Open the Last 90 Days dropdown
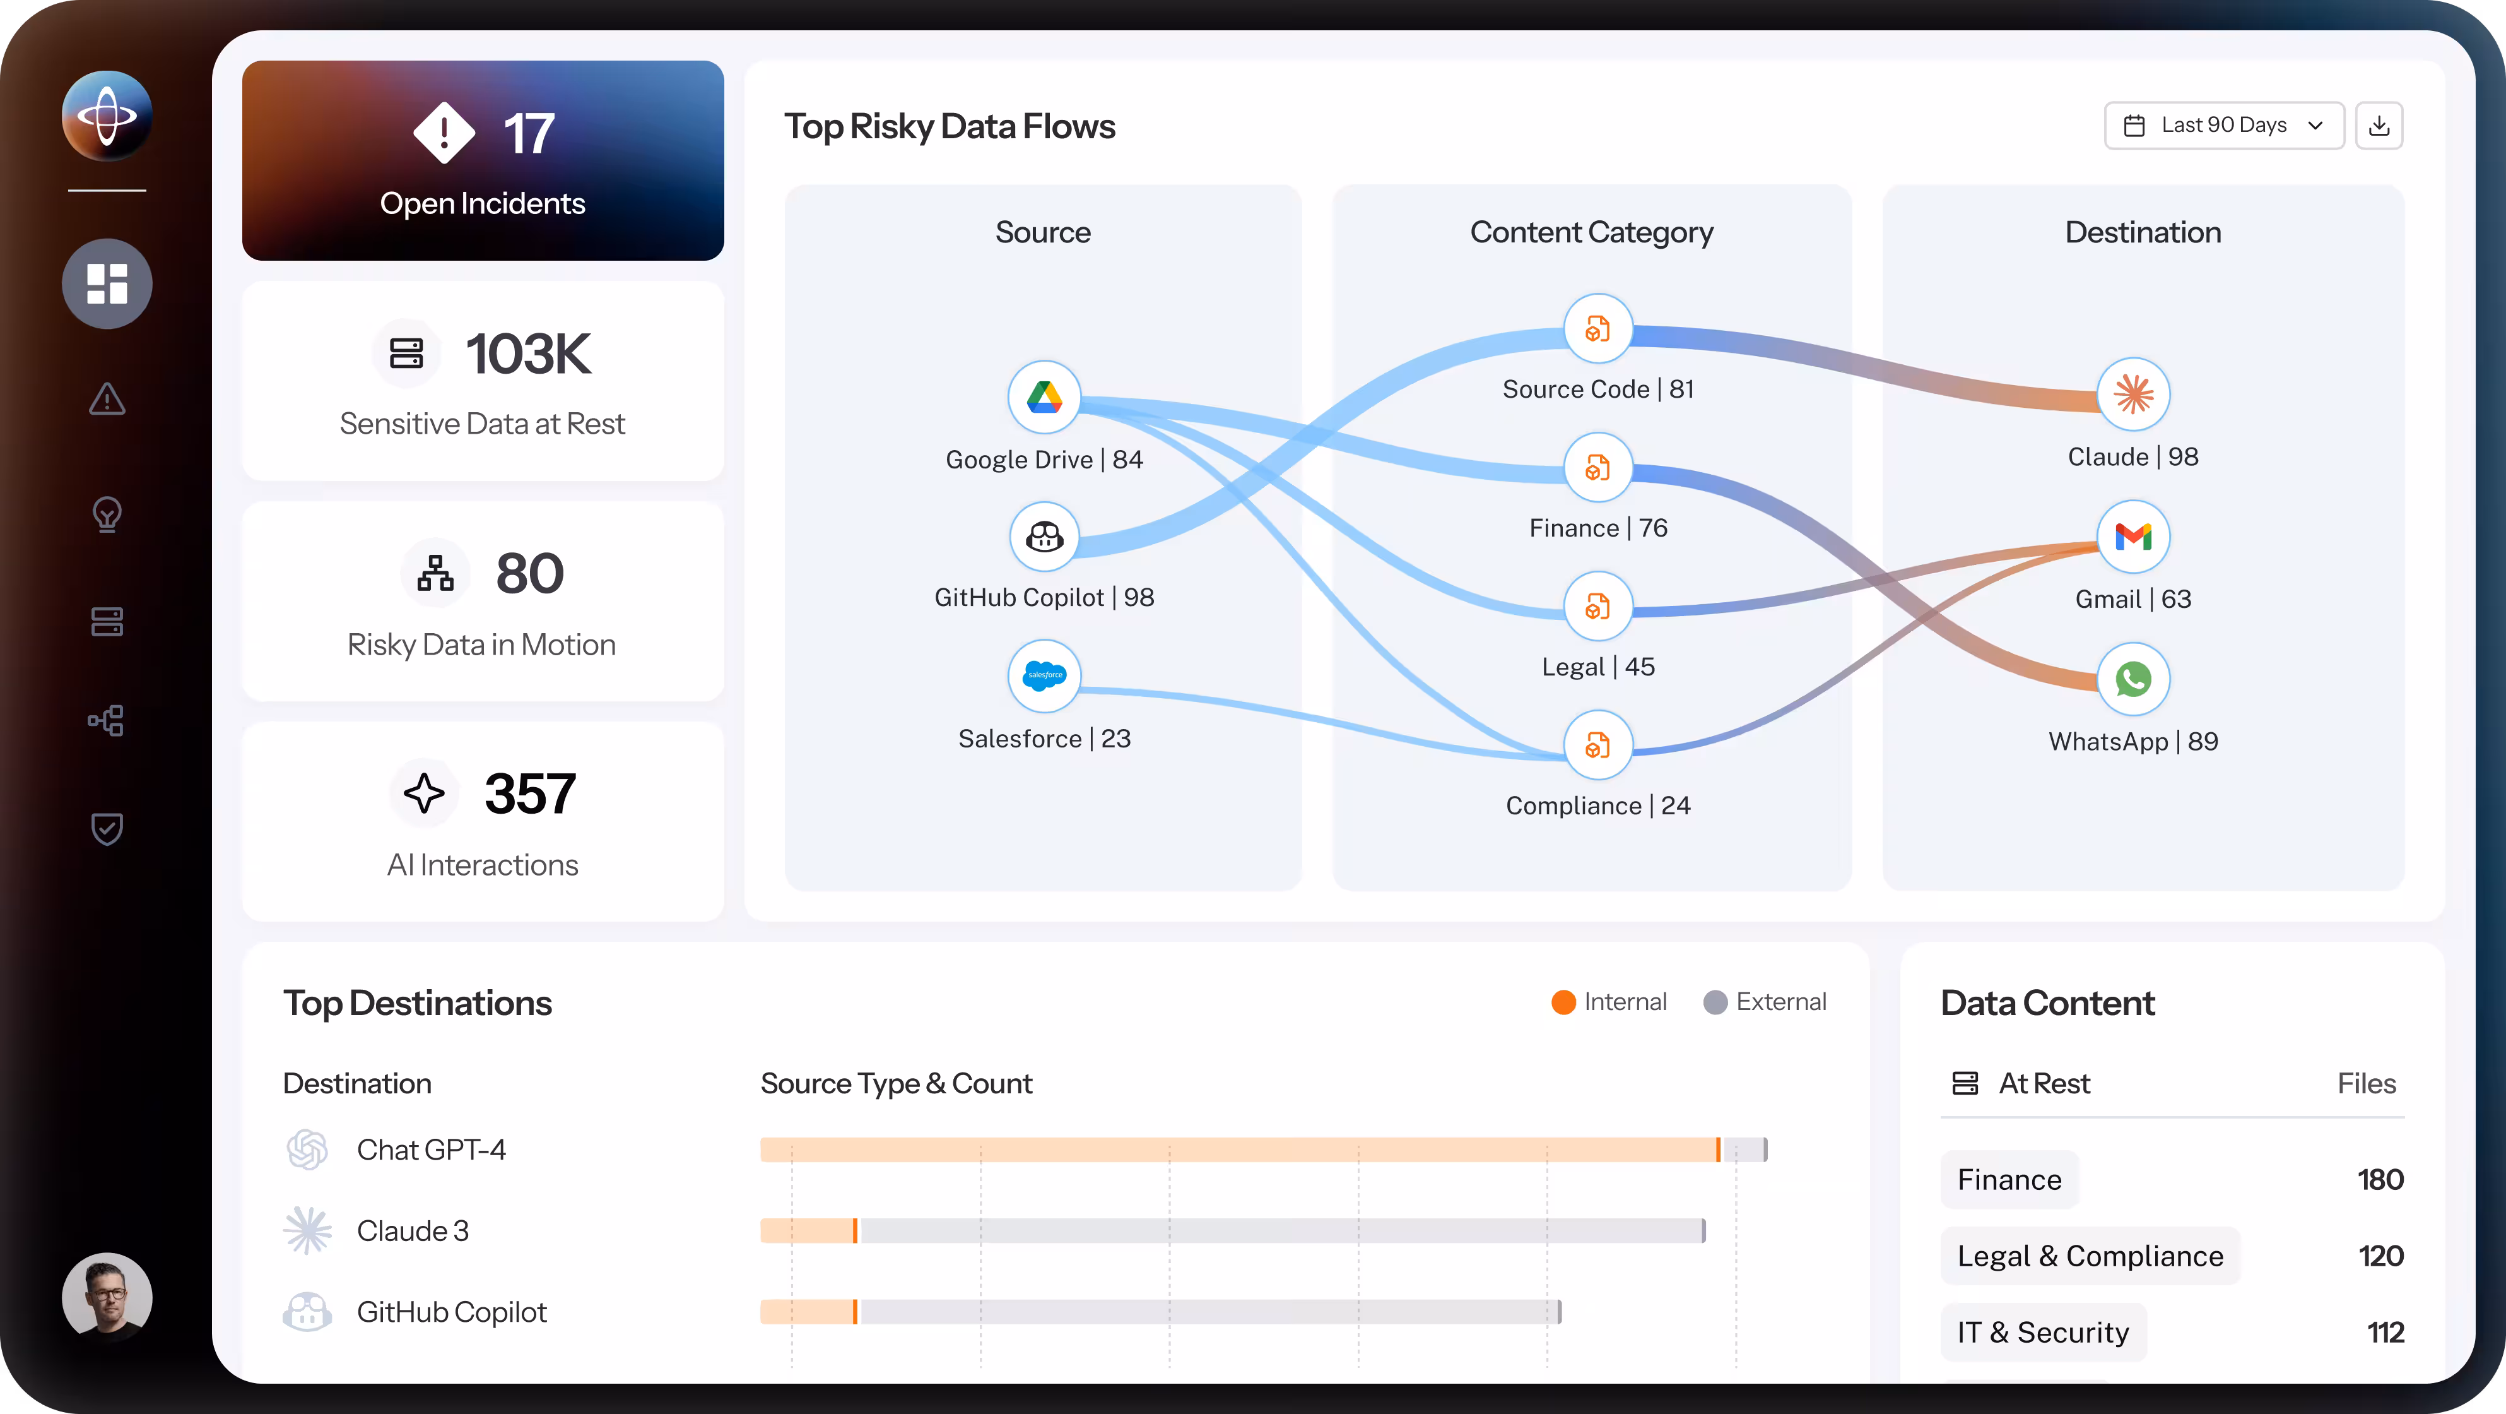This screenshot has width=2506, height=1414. [2224, 126]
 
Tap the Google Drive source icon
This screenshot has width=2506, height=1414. [1044, 397]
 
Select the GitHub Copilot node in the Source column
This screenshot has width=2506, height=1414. [1044, 536]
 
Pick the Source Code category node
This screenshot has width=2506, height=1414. [1597, 329]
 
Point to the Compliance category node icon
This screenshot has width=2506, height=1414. [1597, 746]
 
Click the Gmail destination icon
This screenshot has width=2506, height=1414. [2132, 536]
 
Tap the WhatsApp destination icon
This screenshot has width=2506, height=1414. [2132, 679]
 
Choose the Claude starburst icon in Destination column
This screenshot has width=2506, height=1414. [2132, 394]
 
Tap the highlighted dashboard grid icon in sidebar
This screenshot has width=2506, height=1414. [107, 283]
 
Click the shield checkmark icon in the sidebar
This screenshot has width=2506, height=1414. [107, 828]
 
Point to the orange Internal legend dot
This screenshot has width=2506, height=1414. [1563, 1002]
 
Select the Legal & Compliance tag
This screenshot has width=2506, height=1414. [2090, 1256]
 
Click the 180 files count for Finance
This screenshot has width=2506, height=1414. [2380, 1179]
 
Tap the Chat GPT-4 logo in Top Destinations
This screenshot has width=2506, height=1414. [307, 1150]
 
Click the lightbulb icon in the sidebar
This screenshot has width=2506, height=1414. [107, 514]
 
